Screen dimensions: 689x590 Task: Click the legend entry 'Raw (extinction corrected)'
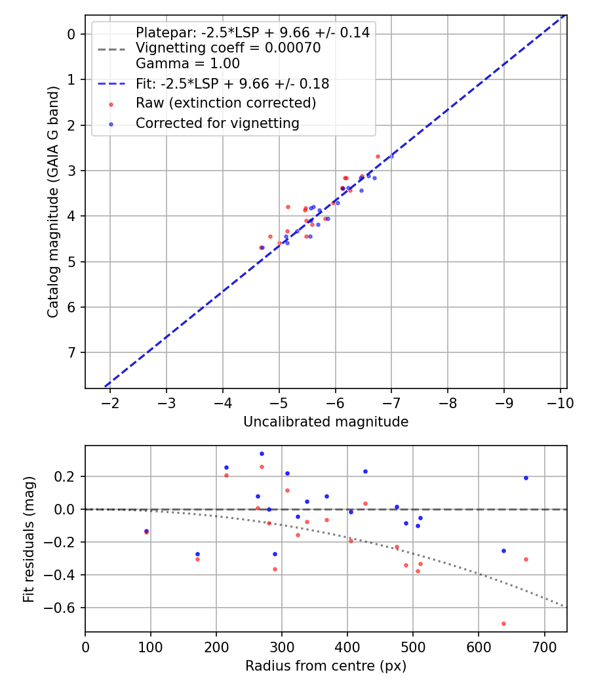[226, 104]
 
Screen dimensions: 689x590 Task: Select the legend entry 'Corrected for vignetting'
[217, 123]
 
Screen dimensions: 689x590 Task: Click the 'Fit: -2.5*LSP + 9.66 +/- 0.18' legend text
[232, 84]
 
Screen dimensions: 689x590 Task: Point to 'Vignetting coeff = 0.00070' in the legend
[227, 48]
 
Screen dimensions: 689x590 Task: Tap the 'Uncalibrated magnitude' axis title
[326, 422]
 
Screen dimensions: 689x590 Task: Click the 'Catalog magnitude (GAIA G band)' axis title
[54, 201]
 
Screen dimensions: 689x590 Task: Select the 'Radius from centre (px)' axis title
[326, 666]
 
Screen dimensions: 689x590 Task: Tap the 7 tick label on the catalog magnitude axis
[72, 353]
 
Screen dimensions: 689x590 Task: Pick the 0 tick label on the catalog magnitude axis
[72, 34]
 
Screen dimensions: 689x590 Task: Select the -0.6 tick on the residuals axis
[64, 608]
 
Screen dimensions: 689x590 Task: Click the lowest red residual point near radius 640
[503, 623]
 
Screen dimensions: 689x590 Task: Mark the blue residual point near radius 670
[526, 478]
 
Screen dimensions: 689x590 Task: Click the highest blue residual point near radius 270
[262, 453]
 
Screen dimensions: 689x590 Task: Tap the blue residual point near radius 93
[146, 531]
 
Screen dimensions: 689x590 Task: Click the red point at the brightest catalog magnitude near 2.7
[378, 156]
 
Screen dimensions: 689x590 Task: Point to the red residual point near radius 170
[197, 559]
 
